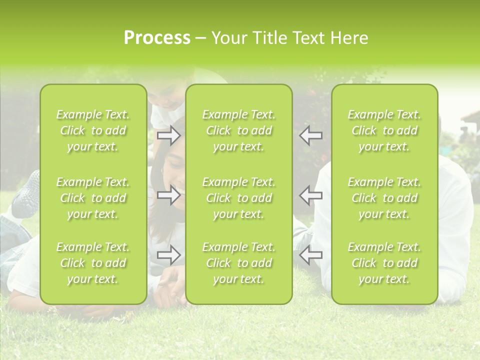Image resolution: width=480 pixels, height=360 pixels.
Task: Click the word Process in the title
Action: click(x=157, y=38)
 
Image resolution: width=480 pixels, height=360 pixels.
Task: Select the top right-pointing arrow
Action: click(x=169, y=135)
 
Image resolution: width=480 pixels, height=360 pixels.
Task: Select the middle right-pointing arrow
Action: click(x=169, y=195)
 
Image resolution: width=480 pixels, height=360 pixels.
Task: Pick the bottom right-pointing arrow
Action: click(x=169, y=255)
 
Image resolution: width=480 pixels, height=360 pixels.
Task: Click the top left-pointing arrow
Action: click(x=310, y=135)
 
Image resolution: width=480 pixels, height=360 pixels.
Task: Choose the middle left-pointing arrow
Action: click(x=310, y=195)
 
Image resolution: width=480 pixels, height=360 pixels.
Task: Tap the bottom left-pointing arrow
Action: click(x=310, y=255)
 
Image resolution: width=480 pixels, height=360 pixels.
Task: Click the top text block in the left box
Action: click(x=93, y=130)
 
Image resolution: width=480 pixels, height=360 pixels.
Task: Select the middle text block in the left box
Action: click(x=93, y=198)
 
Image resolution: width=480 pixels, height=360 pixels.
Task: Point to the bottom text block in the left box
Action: click(x=93, y=263)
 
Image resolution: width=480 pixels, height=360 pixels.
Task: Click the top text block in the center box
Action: click(x=238, y=130)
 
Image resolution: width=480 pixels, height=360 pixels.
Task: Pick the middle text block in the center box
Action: click(x=238, y=198)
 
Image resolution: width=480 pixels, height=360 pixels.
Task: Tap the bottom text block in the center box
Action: click(x=238, y=263)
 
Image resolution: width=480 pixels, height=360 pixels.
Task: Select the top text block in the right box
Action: click(x=384, y=130)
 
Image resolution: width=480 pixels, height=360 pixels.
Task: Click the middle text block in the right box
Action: click(x=384, y=198)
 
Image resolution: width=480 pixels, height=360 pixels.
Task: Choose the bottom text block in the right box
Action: click(x=384, y=263)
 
